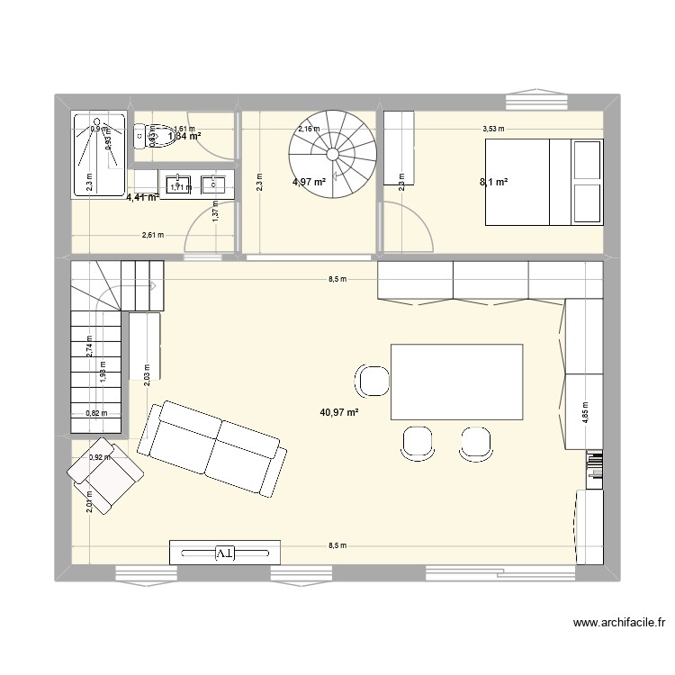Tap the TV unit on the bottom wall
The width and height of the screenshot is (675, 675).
coord(225,552)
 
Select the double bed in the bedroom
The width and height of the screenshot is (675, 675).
coord(544,182)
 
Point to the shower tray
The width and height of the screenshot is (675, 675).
coord(99,153)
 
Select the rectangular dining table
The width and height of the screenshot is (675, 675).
coord(456,382)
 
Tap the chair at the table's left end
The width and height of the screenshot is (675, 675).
coord(372,381)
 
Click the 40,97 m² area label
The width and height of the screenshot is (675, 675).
coord(339,413)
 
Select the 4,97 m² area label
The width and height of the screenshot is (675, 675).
coord(307,183)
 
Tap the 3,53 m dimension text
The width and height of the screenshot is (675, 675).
coord(493,129)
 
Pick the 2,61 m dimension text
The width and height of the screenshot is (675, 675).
coord(153,236)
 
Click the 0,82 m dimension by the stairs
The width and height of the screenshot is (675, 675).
coord(96,414)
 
